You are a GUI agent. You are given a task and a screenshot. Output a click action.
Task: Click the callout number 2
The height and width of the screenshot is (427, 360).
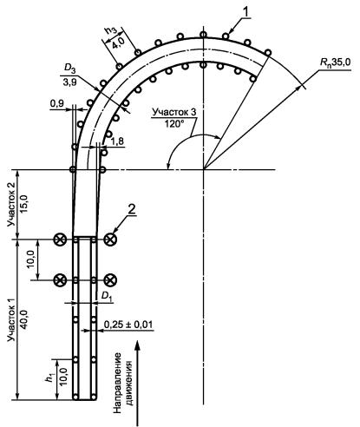coord(131,210)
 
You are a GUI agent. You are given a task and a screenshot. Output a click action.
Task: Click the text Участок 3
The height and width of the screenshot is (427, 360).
coord(174,112)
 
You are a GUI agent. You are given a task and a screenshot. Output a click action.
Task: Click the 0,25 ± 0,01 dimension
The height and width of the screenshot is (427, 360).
coord(128,325)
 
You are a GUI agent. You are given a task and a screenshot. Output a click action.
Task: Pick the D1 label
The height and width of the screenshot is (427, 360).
coord(107,296)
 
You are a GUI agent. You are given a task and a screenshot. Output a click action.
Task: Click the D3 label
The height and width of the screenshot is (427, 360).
coord(69,69)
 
